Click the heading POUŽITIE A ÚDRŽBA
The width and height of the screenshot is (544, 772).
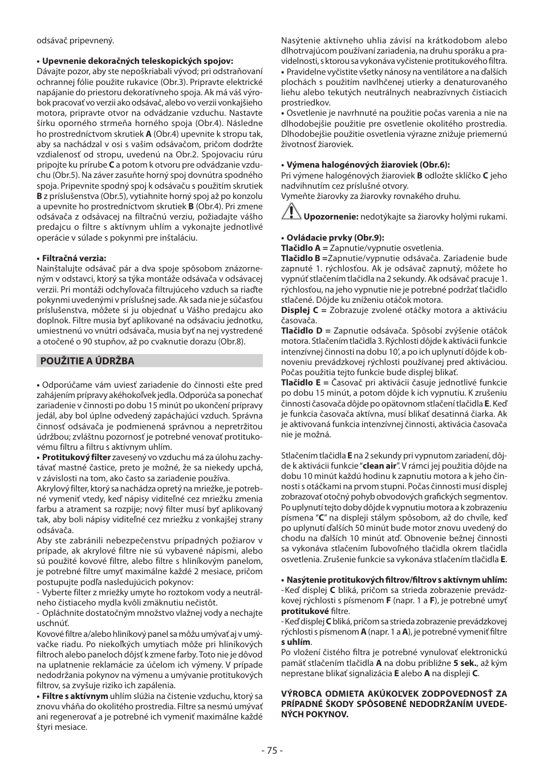click(87, 361)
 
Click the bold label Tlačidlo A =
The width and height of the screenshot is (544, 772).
click(304, 248)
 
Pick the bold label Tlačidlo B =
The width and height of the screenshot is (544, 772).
click(305, 258)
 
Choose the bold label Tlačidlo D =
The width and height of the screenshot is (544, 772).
click(305, 331)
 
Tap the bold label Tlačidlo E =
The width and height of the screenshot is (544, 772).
click(304, 383)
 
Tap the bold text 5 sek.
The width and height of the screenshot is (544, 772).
click(465, 663)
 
